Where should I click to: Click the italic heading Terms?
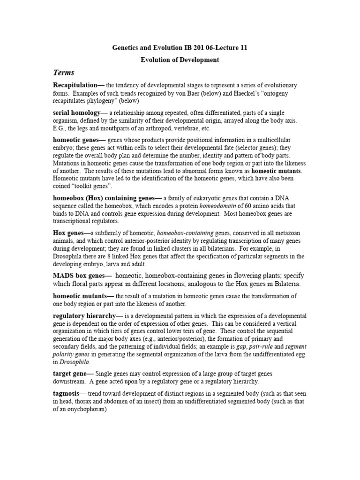[x=64, y=73]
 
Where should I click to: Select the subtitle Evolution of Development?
[x=180, y=60]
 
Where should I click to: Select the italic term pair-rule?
[x=253, y=346]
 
